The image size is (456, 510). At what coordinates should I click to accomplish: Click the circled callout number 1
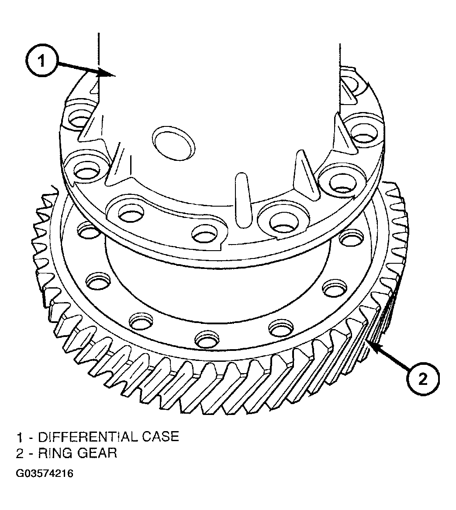pos(41,61)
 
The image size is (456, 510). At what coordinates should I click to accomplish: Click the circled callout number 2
pos(422,379)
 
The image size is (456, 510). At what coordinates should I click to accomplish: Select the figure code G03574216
pos(44,473)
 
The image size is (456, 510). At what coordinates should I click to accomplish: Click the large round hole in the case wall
pos(174,143)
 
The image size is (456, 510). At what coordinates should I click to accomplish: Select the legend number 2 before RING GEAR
pos(20,453)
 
